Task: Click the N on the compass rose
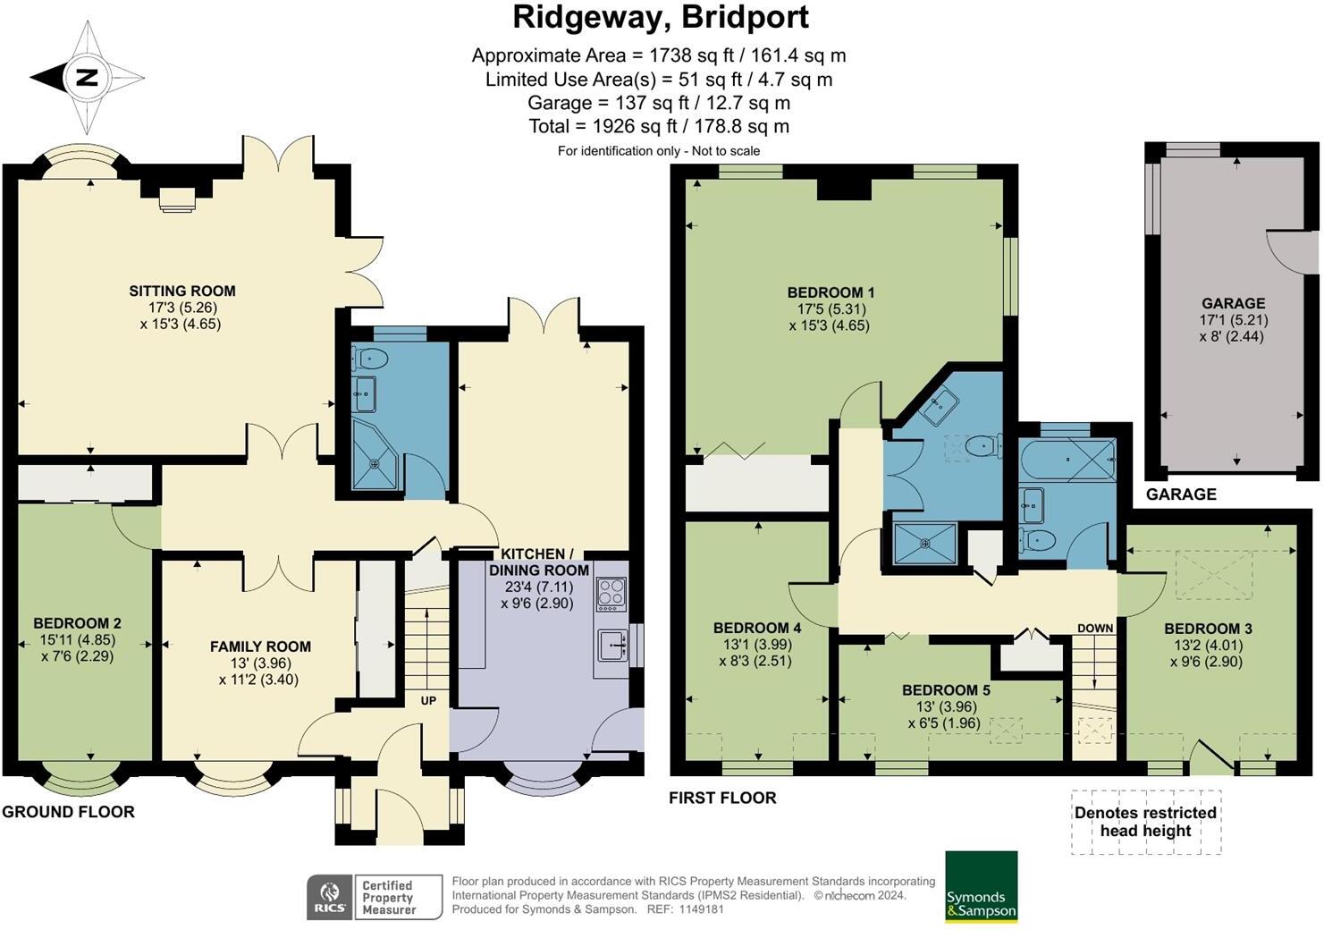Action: (x=87, y=77)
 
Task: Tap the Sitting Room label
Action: (x=182, y=291)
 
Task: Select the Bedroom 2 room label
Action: (x=78, y=623)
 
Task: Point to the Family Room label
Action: (x=260, y=646)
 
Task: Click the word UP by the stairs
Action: (x=428, y=700)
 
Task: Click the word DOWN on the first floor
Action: (x=1095, y=629)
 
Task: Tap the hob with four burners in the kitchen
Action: (x=611, y=594)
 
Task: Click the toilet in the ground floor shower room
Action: (x=370, y=359)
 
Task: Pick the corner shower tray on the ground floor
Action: (x=375, y=455)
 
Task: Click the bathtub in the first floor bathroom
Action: (x=1067, y=460)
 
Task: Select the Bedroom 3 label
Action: (x=1208, y=629)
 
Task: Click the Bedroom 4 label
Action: (x=757, y=627)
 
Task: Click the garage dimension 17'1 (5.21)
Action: (x=1234, y=320)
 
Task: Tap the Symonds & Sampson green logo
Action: (x=982, y=886)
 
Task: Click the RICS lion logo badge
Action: (x=330, y=897)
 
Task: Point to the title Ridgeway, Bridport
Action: (x=661, y=18)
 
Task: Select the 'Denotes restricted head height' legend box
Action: (x=1145, y=822)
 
